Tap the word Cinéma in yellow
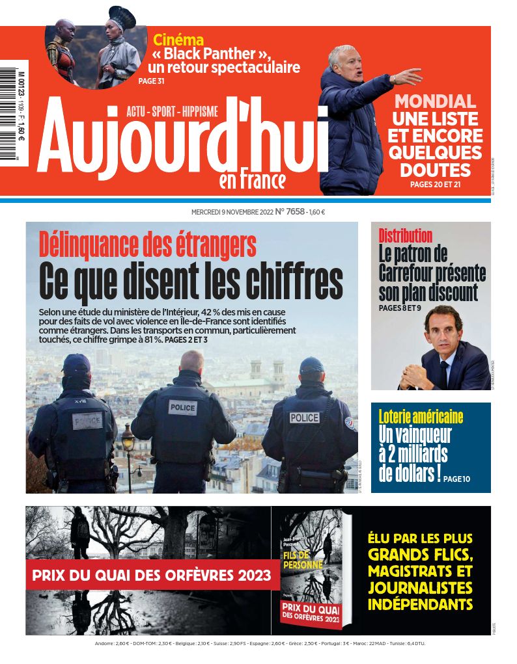click(178, 40)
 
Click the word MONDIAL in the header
click(435, 101)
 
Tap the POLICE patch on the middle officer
click(182, 408)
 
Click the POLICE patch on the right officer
click(304, 418)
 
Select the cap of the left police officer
click(77, 364)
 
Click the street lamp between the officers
click(128, 442)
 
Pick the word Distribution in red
click(405, 235)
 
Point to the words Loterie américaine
click(421, 416)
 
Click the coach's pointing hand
click(409, 76)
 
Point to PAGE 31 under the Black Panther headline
click(152, 81)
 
